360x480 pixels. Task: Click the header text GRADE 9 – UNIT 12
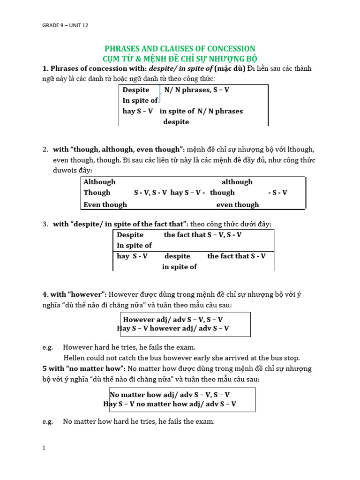[x=65, y=25]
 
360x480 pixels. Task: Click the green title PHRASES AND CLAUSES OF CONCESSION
[x=179, y=49]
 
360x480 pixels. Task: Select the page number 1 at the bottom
[x=44, y=448]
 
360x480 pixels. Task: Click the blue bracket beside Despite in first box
[x=160, y=95]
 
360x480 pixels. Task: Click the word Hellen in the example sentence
[x=74, y=358]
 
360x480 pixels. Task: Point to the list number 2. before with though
[x=45, y=150]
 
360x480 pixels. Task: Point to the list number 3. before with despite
[x=45, y=225]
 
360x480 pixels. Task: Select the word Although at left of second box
[x=99, y=182]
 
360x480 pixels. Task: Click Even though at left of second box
[x=105, y=204]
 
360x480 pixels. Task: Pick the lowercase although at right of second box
[x=237, y=182]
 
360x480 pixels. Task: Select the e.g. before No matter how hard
[x=47, y=421]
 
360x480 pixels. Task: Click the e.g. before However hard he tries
[x=47, y=347]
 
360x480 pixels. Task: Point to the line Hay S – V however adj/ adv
[x=173, y=329]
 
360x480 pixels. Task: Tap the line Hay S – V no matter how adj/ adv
[x=170, y=404]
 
